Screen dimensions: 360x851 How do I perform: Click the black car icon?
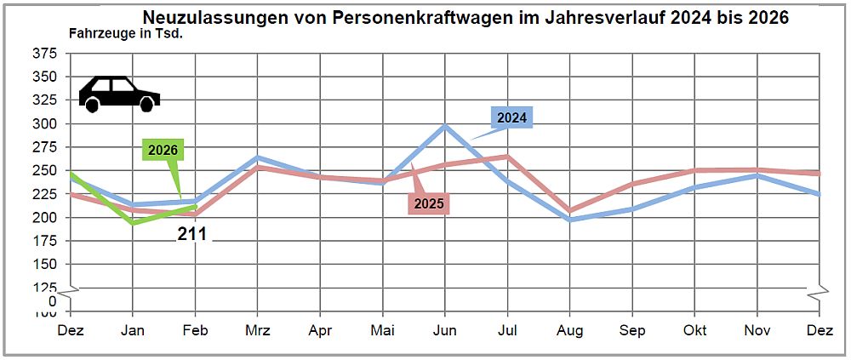coord(119,94)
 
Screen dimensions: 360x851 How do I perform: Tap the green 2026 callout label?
coord(163,151)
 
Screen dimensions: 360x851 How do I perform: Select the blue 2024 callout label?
coord(511,118)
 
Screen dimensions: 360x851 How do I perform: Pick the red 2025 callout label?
coord(429,203)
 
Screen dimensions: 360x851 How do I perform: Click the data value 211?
coord(192,234)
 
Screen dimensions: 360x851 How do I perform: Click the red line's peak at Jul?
coord(508,157)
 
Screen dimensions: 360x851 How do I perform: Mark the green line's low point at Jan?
coord(133,223)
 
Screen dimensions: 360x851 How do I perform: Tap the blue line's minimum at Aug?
coord(570,220)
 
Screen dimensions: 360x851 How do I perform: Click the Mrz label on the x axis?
coord(257,330)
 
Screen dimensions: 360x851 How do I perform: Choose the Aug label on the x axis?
coord(570,330)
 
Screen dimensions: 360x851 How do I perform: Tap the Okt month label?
coord(695,330)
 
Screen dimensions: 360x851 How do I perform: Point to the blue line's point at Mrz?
coord(258,157)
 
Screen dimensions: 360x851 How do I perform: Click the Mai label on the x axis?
coord(383,330)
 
